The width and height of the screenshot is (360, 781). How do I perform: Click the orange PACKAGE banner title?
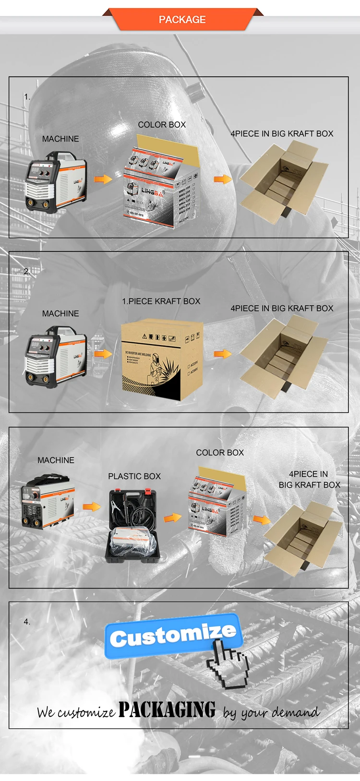pyautogui.click(x=182, y=20)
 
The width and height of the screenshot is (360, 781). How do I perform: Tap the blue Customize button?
pyautogui.click(x=173, y=636)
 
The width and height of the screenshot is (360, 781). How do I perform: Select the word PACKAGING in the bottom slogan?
pyautogui.click(x=167, y=709)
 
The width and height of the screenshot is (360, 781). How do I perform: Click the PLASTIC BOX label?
pyautogui.click(x=134, y=476)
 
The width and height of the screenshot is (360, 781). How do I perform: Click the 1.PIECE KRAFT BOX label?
pyautogui.click(x=161, y=301)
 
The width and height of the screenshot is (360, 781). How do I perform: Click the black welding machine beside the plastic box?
pyautogui.click(x=48, y=502)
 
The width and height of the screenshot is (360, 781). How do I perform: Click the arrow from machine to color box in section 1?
pyautogui.click(x=103, y=179)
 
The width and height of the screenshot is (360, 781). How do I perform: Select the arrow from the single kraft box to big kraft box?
pyautogui.click(x=222, y=354)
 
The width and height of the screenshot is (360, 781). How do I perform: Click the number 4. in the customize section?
pyautogui.click(x=27, y=622)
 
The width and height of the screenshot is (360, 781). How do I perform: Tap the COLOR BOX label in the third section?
pyautogui.click(x=220, y=453)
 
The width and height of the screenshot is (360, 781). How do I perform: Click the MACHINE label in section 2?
pyautogui.click(x=60, y=313)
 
